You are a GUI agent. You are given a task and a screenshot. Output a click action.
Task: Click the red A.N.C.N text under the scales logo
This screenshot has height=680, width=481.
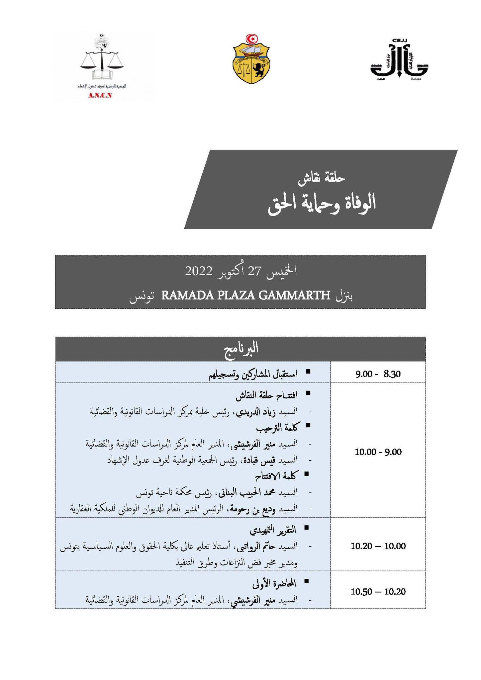tap(100, 95)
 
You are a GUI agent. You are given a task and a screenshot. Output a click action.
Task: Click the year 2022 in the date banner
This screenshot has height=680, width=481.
tap(198, 271)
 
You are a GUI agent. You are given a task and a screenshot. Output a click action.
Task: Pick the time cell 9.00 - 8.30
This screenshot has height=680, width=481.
tap(378, 374)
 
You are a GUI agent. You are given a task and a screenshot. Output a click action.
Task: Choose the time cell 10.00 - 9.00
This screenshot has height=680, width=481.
tap(378, 452)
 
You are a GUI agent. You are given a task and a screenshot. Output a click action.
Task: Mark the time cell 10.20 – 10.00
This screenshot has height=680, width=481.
tap(378, 546)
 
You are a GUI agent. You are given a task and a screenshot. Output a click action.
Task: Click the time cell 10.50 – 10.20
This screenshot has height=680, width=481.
tap(378, 592)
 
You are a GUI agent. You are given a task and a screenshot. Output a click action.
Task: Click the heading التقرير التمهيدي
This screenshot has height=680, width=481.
tap(275, 530)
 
